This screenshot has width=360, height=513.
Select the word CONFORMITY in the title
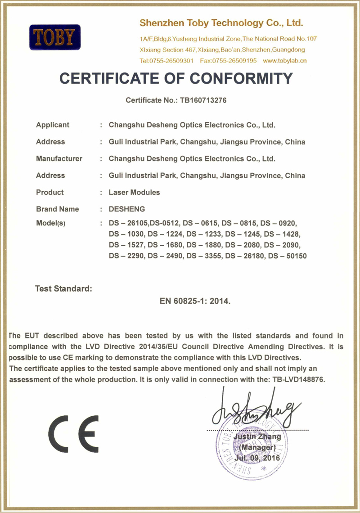(241, 79)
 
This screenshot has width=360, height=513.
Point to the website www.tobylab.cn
(284, 60)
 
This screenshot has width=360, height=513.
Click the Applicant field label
(53, 125)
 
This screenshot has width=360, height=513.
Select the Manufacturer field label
(59, 158)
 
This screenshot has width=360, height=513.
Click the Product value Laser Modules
(134, 192)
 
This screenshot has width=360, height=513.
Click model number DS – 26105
(129, 223)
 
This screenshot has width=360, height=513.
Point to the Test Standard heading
(63, 288)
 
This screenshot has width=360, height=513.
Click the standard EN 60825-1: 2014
(195, 300)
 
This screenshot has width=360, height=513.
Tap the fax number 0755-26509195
(228, 60)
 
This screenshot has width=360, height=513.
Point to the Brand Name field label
(57, 209)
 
